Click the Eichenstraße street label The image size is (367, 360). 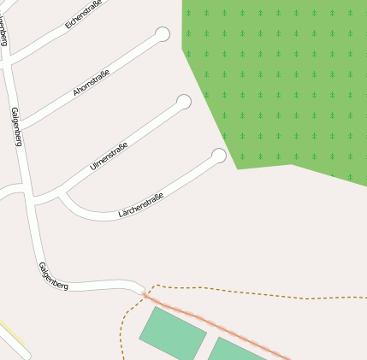(83, 15)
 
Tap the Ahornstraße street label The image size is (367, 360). (92, 80)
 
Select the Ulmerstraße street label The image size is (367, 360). (109, 156)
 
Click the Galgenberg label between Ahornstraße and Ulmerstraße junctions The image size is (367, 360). (16, 127)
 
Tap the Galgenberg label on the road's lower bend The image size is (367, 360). (53, 275)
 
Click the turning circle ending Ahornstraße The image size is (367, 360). (163, 34)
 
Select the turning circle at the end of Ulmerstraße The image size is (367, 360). (183, 102)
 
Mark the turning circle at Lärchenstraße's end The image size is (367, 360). (219, 156)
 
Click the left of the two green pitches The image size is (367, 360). (172, 334)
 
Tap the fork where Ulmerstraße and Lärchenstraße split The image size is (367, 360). (60, 195)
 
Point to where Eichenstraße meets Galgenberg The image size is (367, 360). (8, 62)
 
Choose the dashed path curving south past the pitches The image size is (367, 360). (125, 329)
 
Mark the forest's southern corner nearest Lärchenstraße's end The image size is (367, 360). (237, 168)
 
